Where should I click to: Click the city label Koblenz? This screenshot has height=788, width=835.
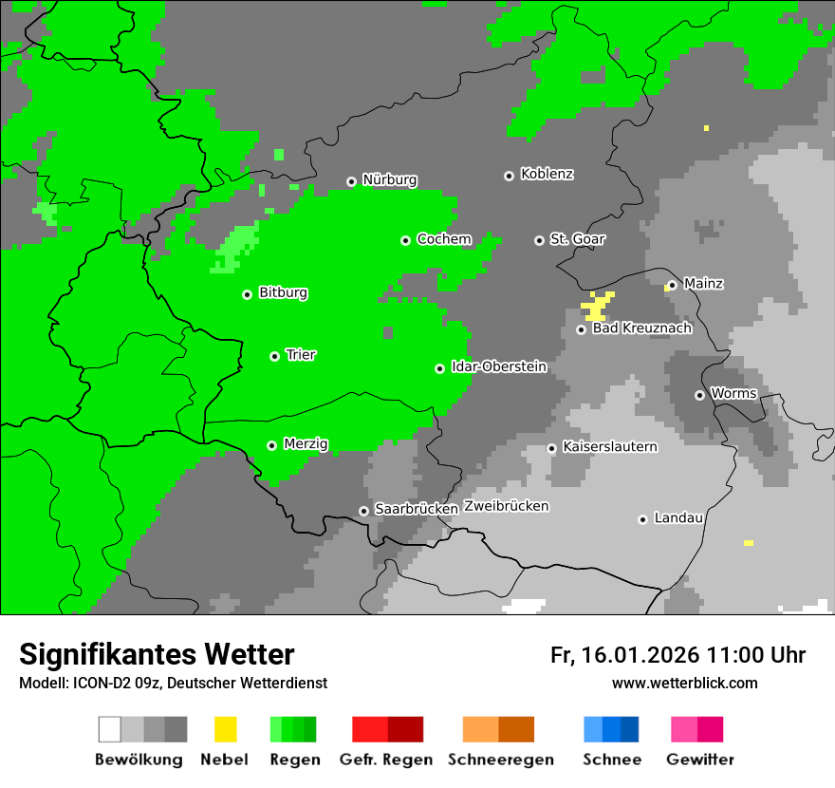click(x=547, y=175)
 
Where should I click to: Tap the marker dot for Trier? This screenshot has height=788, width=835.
click(x=274, y=356)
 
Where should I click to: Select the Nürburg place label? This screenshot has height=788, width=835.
click(x=389, y=180)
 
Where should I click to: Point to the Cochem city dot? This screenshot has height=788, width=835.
click(x=405, y=240)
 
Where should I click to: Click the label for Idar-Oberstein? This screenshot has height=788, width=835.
click(x=498, y=367)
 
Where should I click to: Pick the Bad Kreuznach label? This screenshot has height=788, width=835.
click(x=641, y=328)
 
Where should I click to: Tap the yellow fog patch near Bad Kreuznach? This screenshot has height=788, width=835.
click(x=597, y=306)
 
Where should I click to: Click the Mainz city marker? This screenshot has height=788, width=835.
click(x=672, y=285)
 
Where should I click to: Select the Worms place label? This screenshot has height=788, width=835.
click(x=733, y=394)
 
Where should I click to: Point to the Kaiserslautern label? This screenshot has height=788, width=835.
click(x=609, y=447)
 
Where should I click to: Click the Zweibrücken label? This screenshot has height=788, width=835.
click(x=506, y=507)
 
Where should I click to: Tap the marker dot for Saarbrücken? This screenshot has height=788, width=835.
click(x=363, y=511)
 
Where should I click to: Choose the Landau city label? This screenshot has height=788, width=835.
click(x=678, y=518)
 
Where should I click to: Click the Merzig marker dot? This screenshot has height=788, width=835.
click(x=271, y=445)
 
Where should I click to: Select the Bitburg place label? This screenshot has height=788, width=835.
click(x=283, y=293)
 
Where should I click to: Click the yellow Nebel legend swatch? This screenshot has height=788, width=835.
click(x=225, y=729)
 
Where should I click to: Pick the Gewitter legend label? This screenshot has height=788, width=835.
click(x=699, y=760)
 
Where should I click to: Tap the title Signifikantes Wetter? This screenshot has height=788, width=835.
click(x=157, y=654)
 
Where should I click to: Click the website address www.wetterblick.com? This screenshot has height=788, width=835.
click(x=684, y=683)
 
